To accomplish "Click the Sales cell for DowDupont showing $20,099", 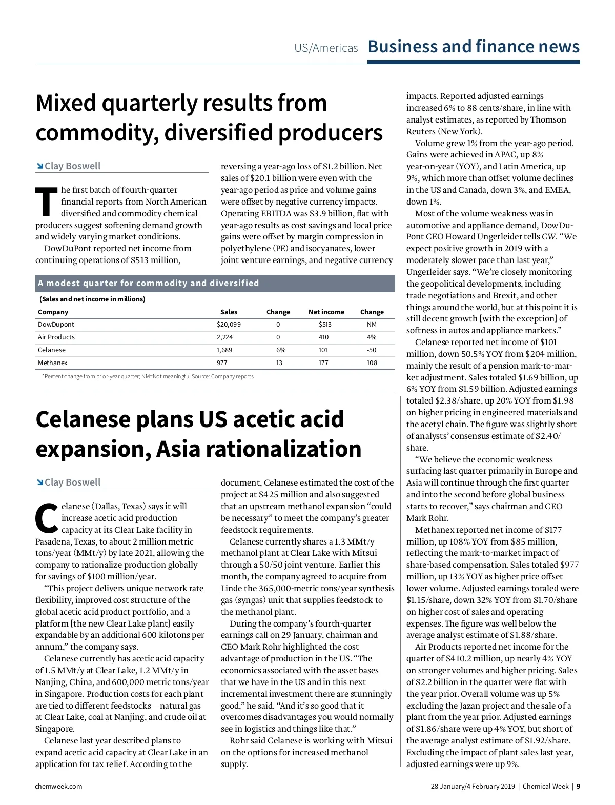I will click(x=229, y=325).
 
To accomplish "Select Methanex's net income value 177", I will click(x=323, y=363).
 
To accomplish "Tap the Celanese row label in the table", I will click(x=52, y=350).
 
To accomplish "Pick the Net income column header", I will click(x=326, y=312).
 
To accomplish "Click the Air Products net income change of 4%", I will click(x=372, y=337).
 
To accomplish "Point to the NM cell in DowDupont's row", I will click(x=372, y=325).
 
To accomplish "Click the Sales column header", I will click(x=229, y=312).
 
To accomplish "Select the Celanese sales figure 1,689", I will click(x=224, y=350).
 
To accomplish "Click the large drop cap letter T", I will click(x=46, y=203).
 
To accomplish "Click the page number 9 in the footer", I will click(x=578, y=787).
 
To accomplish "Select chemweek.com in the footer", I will click(x=58, y=787).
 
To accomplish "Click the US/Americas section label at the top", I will click(x=326, y=48).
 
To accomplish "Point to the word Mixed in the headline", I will click(x=66, y=103).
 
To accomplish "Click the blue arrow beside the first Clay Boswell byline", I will click(x=39, y=166).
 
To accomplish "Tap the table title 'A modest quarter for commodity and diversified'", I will click(x=149, y=284).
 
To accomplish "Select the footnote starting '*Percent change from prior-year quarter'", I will click(x=148, y=377).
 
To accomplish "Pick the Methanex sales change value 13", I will click(x=279, y=363).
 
